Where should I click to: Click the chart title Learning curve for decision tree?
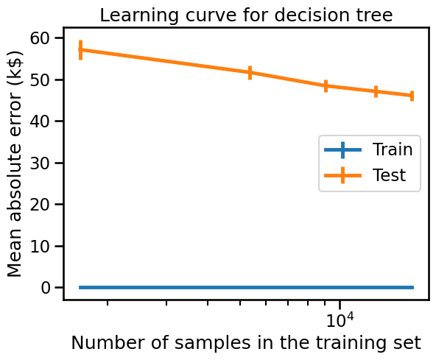(x=246, y=15)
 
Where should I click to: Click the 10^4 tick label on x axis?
(x=340, y=320)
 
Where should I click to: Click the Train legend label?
(x=393, y=149)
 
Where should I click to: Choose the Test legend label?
(x=389, y=175)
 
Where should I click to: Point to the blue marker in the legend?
(x=343, y=150)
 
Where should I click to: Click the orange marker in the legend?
(x=343, y=175)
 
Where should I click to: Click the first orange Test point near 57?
(x=80, y=50)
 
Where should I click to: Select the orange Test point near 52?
(x=250, y=73)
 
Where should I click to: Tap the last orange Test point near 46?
(x=412, y=96)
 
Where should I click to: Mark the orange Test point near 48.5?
(x=326, y=86)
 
